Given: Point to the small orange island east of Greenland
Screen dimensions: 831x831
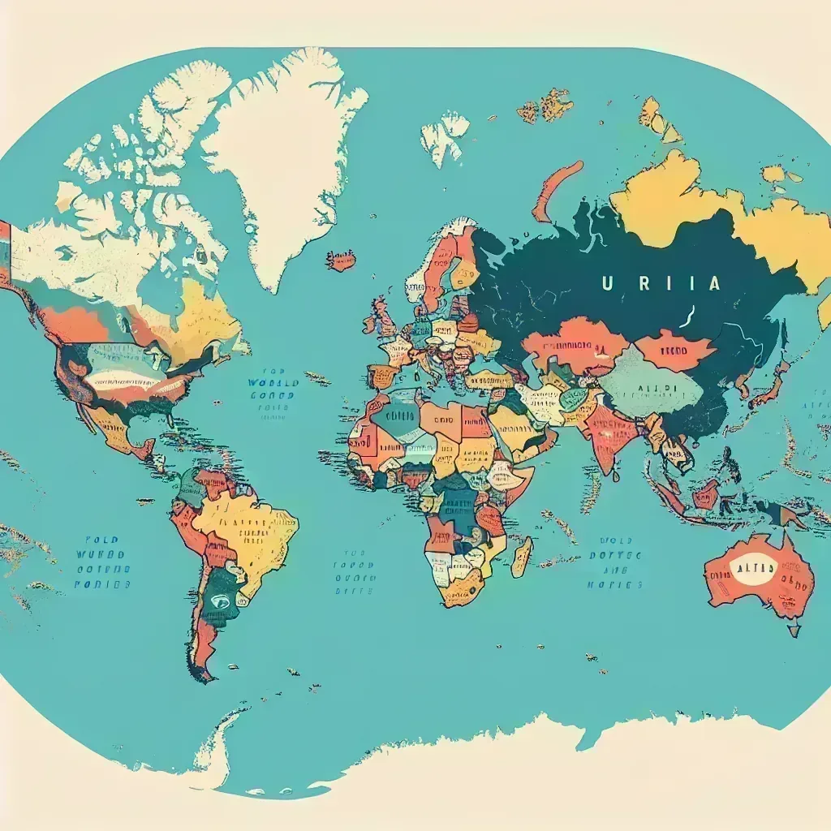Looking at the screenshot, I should [341, 260].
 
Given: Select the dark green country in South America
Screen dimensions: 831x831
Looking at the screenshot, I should [220, 600].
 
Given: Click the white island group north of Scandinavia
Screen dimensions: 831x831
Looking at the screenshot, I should [445, 135].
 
